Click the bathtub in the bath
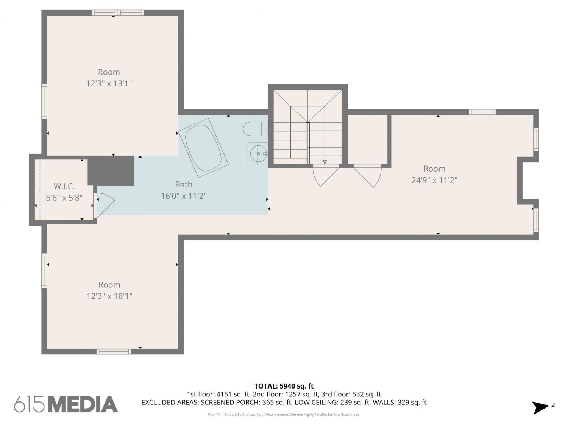[x=203, y=148]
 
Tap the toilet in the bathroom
[x=255, y=129]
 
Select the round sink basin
[x=258, y=153]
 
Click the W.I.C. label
[x=64, y=186]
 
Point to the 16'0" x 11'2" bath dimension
[x=184, y=196]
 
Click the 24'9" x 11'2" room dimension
[x=434, y=180]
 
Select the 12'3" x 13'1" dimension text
[x=109, y=84]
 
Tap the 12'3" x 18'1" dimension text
[x=109, y=296]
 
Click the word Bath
[x=184, y=184]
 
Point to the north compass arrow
[x=540, y=408]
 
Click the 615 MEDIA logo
[x=66, y=404]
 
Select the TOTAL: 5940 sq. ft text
[x=284, y=386]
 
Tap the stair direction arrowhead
[x=325, y=162]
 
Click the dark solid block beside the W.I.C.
[x=111, y=170]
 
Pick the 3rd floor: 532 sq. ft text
[x=351, y=395]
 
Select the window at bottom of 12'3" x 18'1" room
[x=114, y=351]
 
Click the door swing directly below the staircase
[x=326, y=175]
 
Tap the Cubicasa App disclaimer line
[x=284, y=415]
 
